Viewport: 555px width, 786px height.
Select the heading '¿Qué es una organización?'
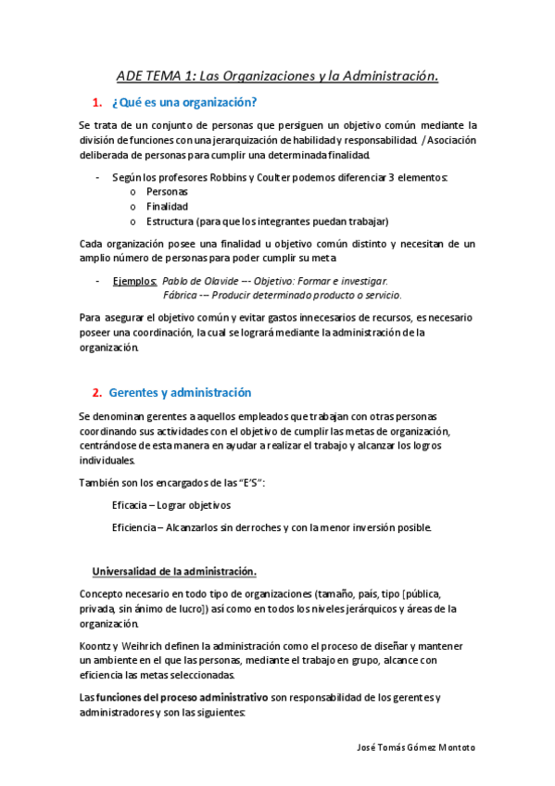pos(183,102)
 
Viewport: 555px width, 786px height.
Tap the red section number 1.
pos(97,102)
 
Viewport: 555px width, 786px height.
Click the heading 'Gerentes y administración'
pos(180,393)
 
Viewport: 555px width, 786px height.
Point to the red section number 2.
pos(97,393)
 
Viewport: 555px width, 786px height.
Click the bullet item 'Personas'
pos(167,192)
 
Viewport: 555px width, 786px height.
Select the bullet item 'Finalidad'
pos(168,207)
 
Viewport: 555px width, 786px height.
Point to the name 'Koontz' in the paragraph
pos(97,645)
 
